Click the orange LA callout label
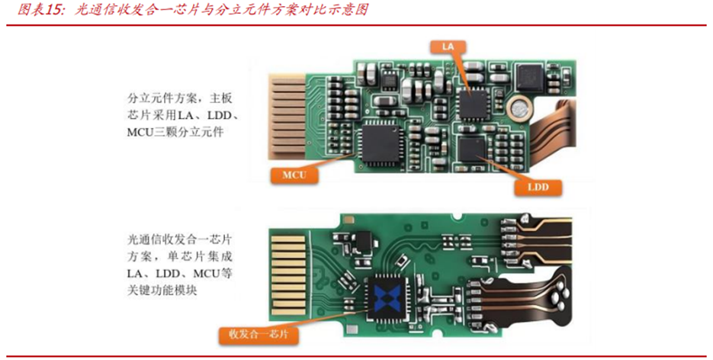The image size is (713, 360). [448, 47]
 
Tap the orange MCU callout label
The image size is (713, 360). [294, 175]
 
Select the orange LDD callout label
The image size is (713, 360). [538, 187]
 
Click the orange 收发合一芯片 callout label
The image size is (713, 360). [259, 335]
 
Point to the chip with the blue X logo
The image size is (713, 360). [387, 298]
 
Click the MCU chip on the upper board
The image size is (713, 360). [381, 143]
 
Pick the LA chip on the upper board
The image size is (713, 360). [473, 104]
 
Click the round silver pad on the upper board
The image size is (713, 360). [519, 109]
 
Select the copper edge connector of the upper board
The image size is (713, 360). [287, 117]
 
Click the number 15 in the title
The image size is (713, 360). [53, 10]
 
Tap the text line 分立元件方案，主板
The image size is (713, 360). [180, 98]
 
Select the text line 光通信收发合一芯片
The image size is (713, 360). [180, 239]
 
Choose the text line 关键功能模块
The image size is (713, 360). [162, 291]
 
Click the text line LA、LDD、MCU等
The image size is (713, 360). [180, 274]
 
